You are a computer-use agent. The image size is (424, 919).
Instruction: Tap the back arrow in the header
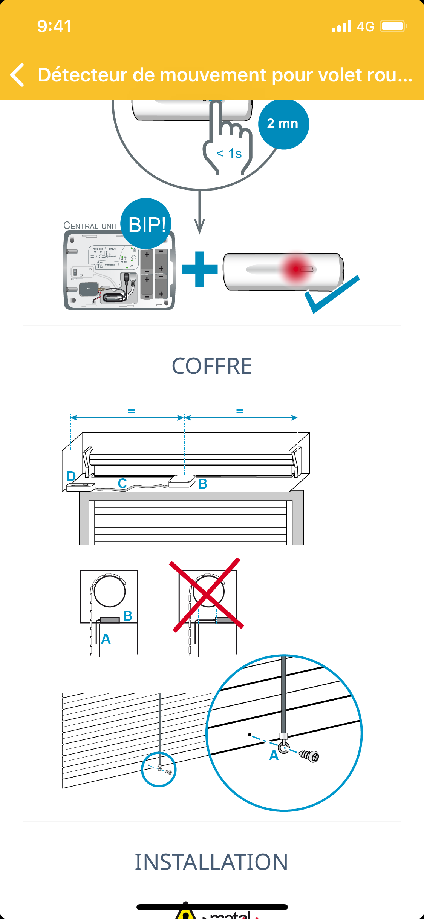[17, 75]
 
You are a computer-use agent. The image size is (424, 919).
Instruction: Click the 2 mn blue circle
[283, 124]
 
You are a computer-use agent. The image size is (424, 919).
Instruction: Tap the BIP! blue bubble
[146, 224]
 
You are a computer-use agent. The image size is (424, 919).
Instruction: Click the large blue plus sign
[200, 269]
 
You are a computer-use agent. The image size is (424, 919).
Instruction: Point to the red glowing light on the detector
[296, 269]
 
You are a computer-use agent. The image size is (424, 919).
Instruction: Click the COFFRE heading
[212, 366]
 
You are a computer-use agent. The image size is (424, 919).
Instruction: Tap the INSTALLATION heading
[211, 862]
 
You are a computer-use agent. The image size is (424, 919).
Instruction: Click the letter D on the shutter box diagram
[71, 476]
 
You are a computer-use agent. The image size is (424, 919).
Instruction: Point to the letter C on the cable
[122, 483]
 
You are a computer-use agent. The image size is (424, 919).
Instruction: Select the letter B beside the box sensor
[203, 484]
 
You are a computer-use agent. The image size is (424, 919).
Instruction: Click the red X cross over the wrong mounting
[207, 594]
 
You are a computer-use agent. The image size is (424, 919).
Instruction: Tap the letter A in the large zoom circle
[274, 755]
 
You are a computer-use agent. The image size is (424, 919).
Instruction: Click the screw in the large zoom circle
[309, 756]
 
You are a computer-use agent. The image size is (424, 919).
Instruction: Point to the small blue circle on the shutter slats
[159, 769]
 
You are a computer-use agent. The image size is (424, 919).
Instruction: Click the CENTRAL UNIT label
[90, 226]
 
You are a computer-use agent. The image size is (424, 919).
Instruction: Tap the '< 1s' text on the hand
[229, 154]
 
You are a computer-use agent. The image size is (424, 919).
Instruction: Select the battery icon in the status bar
[393, 26]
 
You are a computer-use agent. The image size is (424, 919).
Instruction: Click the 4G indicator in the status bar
[365, 26]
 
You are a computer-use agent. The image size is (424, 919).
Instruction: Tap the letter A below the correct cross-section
[106, 639]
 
